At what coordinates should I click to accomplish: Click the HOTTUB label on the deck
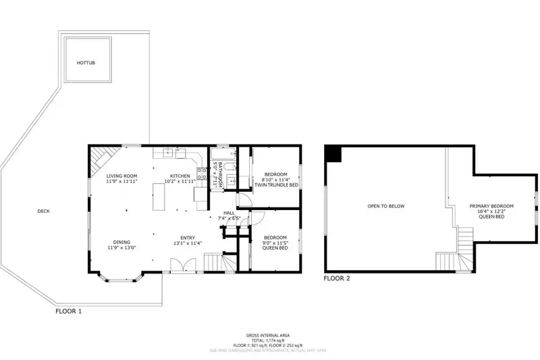pos(85,62)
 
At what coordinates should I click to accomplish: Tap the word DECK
pos(43,211)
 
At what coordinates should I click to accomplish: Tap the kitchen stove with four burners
pos(201,174)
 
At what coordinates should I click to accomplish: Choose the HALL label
pos(230,213)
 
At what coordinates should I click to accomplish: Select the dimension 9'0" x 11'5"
pos(275,242)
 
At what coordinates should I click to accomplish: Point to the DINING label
pos(122,242)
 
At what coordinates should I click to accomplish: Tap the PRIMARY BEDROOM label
pos(491,206)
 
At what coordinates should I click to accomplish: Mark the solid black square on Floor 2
pos(333,153)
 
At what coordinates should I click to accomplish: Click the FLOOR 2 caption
pos(337,278)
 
